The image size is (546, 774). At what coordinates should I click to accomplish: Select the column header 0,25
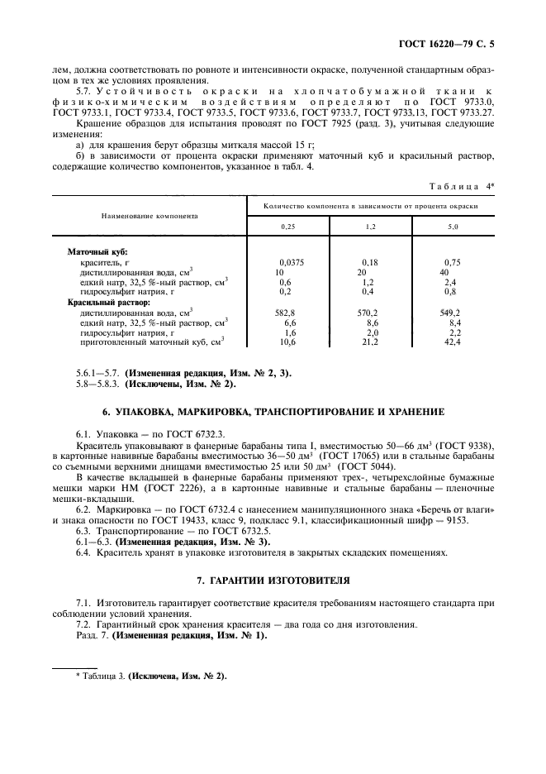[x=288, y=225]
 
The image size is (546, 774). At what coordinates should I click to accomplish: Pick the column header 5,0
[x=452, y=225]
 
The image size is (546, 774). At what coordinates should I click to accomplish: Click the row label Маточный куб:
[x=97, y=251]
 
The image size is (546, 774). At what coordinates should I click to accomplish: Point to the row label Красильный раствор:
[x=103, y=303]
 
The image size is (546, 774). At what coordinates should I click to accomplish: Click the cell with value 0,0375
[x=292, y=261]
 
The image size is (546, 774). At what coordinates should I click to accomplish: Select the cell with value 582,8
[x=286, y=313]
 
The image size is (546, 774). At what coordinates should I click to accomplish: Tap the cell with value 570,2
[x=367, y=313]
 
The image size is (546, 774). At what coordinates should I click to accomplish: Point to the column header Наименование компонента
[x=150, y=214]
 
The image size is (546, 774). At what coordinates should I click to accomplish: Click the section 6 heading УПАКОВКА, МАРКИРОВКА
[x=273, y=411]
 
